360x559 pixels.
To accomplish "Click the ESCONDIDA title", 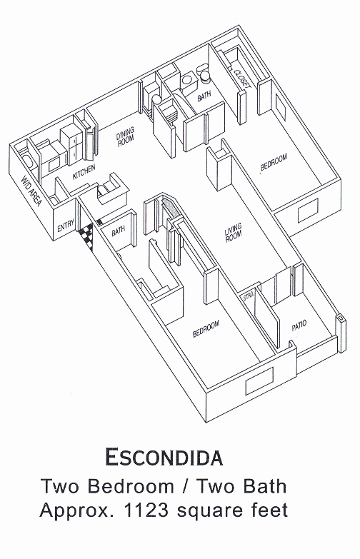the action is (x=164, y=457).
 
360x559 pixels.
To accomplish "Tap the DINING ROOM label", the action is (x=125, y=136).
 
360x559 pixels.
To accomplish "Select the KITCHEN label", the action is (x=84, y=172).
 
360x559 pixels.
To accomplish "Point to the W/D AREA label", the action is (x=31, y=191).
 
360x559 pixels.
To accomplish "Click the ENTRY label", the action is (x=66, y=226).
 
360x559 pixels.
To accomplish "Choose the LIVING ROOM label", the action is (x=234, y=233).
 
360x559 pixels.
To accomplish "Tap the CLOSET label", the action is (x=242, y=78).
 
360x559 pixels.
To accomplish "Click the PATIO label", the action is (x=299, y=325).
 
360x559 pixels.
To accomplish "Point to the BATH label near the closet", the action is (x=204, y=96).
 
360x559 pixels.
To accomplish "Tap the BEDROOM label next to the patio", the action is (x=206, y=328).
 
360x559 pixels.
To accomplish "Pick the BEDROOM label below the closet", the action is (x=274, y=162).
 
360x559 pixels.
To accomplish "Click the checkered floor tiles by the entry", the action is (x=86, y=236).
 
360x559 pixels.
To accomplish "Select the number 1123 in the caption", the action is (x=146, y=510).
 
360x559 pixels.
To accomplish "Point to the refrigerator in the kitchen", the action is (x=73, y=145).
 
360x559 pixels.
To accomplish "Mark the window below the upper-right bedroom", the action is (x=308, y=211).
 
